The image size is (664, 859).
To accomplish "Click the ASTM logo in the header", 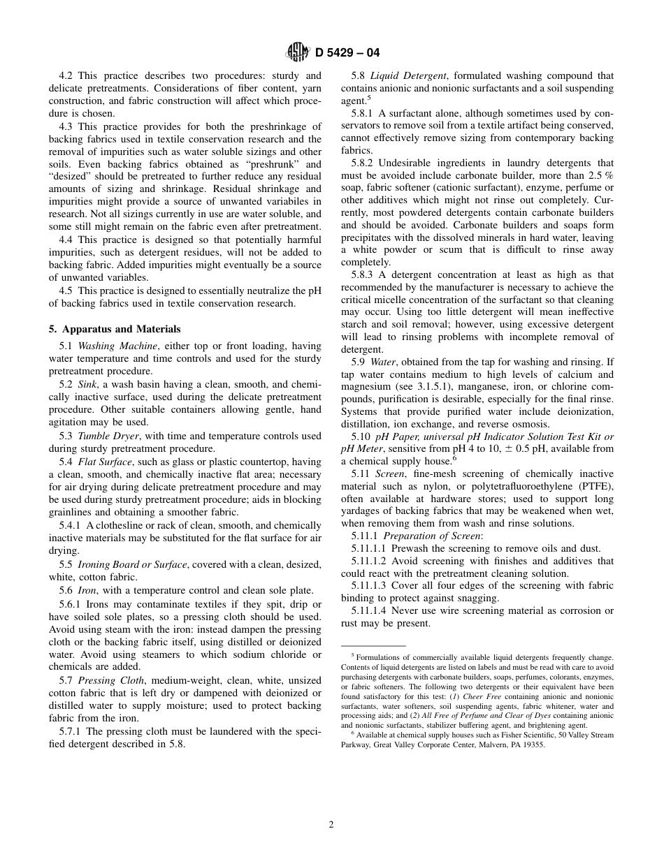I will [298, 52].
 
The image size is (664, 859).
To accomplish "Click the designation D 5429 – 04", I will [347, 52].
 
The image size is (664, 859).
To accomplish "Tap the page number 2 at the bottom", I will [331, 824].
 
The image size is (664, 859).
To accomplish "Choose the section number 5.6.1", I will [71, 604].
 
